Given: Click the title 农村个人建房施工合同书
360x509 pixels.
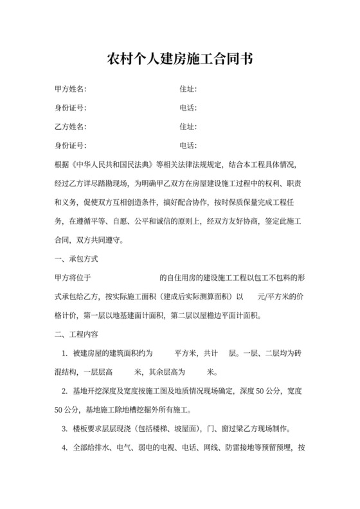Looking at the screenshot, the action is tap(179, 60).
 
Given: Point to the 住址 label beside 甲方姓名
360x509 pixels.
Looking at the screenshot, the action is tap(188, 89).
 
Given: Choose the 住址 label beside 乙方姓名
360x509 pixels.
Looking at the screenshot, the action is tap(188, 127).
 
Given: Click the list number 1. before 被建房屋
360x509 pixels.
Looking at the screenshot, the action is tap(65, 353).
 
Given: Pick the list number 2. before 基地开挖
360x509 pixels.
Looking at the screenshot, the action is tap(65, 391).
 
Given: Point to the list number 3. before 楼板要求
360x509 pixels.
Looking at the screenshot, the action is tap(65, 429).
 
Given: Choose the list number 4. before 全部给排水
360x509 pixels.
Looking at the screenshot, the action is tap(65, 448).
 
